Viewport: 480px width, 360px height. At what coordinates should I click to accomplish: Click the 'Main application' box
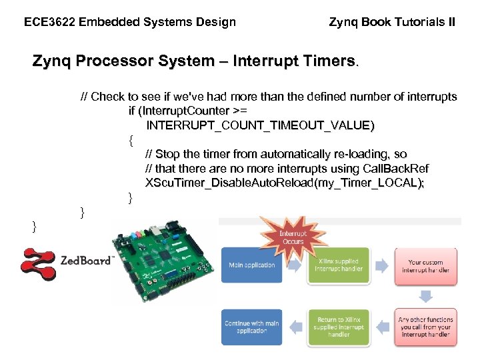pos(251,265)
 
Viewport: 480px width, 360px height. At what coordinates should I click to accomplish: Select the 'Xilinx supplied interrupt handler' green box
pos(338,265)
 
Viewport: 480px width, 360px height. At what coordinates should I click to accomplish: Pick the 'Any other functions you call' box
pos(425,327)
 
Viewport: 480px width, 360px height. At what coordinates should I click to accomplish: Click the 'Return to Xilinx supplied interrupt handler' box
pos(338,327)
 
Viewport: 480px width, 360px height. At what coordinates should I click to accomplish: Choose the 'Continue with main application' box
pos(251,327)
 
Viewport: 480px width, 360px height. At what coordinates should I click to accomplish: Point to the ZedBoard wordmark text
pos(86,261)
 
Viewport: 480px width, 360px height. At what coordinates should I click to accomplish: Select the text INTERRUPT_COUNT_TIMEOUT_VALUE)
pos(261,125)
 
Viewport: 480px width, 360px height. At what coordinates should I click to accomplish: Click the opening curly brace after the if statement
pos(131,140)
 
